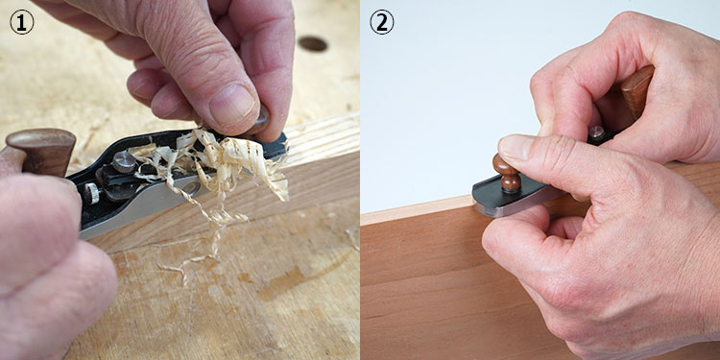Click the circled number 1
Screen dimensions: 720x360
pos(21,22)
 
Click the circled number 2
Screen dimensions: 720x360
pos(381,22)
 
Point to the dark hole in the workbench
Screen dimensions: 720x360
pos(313,43)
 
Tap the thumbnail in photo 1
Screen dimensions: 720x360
pos(231,105)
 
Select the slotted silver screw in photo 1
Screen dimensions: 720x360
pos(124,161)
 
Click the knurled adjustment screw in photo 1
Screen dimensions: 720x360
pos(91,193)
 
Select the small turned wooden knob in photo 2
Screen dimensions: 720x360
pos(507,173)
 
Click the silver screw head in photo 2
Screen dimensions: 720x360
pos(596,132)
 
